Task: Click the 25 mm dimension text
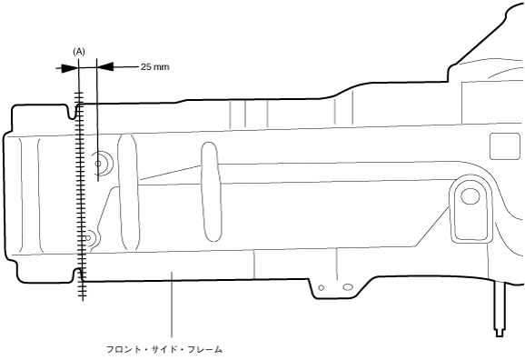(x=154, y=66)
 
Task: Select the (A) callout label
(x=79, y=52)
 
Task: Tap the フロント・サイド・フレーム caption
(x=164, y=350)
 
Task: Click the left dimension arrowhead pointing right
(x=70, y=68)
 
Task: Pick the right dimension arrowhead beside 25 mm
(x=105, y=66)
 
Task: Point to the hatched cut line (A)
(x=80, y=196)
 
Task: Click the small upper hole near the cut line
(x=98, y=164)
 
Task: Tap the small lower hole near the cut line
(x=88, y=238)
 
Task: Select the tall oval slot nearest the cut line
(x=128, y=193)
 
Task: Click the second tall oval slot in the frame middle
(x=211, y=192)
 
